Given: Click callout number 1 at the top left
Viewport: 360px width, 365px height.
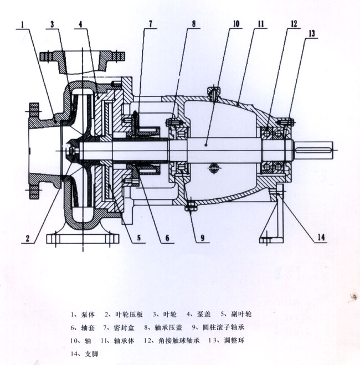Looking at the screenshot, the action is pyautogui.click(x=22, y=24).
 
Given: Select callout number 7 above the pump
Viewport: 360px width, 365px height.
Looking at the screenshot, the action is pyautogui.click(x=150, y=24).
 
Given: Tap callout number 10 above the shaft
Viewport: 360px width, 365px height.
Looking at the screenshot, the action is pyautogui.click(x=236, y=24).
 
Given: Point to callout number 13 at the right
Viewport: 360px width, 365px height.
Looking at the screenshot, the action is pyautogui.click(x=312, y=34).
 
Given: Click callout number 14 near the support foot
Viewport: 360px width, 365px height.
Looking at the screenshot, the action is pyautogui.click(x=321, y=238).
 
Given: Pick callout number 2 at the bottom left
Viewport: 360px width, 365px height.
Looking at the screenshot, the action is pyautogui.click(x=28, y=238).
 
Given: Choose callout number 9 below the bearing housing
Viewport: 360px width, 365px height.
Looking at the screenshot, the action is pyautogui.click(x=203, y=238).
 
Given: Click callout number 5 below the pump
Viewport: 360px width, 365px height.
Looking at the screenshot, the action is pyautogui.click(x=139, y=238).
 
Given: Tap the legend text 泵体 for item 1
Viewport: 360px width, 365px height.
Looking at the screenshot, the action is pyautogui.click(x=88, y=315).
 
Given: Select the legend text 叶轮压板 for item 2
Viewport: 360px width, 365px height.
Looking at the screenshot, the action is pyautogui.click(x=129, y=315).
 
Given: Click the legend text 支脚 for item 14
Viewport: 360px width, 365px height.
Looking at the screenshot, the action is pyautogui.click(x=92, y=354).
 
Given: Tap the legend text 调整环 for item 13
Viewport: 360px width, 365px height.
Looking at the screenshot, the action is pyautogui.click(x=234, y=341).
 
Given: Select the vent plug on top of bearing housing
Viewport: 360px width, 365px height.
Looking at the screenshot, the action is pyautogui.click(x=213, y=92).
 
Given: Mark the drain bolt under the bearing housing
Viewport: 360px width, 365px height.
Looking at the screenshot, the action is pyautogui.click(x=191, y=206).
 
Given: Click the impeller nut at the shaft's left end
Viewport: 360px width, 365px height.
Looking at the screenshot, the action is pyautogui.click(x=72, y=151).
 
